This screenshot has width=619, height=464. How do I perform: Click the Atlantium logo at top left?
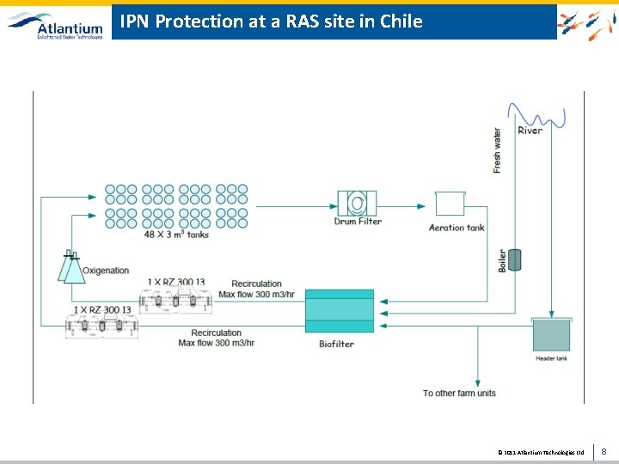click(x=55, y=23)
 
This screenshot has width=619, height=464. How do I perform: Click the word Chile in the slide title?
click(x=401, y=21)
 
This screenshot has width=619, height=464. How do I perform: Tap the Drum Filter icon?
click(x=357, y=203)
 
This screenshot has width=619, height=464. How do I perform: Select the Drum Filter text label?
click(x=358, y=222)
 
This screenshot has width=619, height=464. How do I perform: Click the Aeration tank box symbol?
click(x=450, y=204)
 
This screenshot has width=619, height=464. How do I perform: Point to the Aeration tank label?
click(x=457, y=228)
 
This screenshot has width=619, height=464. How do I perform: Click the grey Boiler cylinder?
click(x=515, y=259)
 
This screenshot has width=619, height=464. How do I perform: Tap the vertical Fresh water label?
click(x=497, y=151)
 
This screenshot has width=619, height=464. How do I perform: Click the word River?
click(x=530, y=131)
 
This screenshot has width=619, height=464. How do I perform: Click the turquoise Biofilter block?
click(x=340, y=310)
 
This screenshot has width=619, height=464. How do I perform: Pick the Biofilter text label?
click(x=336, y=344)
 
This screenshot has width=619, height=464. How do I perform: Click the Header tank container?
click(x=551, y=334)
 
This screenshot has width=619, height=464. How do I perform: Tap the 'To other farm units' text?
click(x=459, y=394)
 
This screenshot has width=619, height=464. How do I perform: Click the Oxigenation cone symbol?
click(x=71, y=267)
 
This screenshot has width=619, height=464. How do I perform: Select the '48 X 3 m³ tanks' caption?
click(x=176, y=235)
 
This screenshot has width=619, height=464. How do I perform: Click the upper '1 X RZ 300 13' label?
click(x=176, y=282)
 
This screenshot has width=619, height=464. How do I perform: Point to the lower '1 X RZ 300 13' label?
click(x=102, y=309)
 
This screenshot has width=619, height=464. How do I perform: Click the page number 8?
click(x=604, y=451)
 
